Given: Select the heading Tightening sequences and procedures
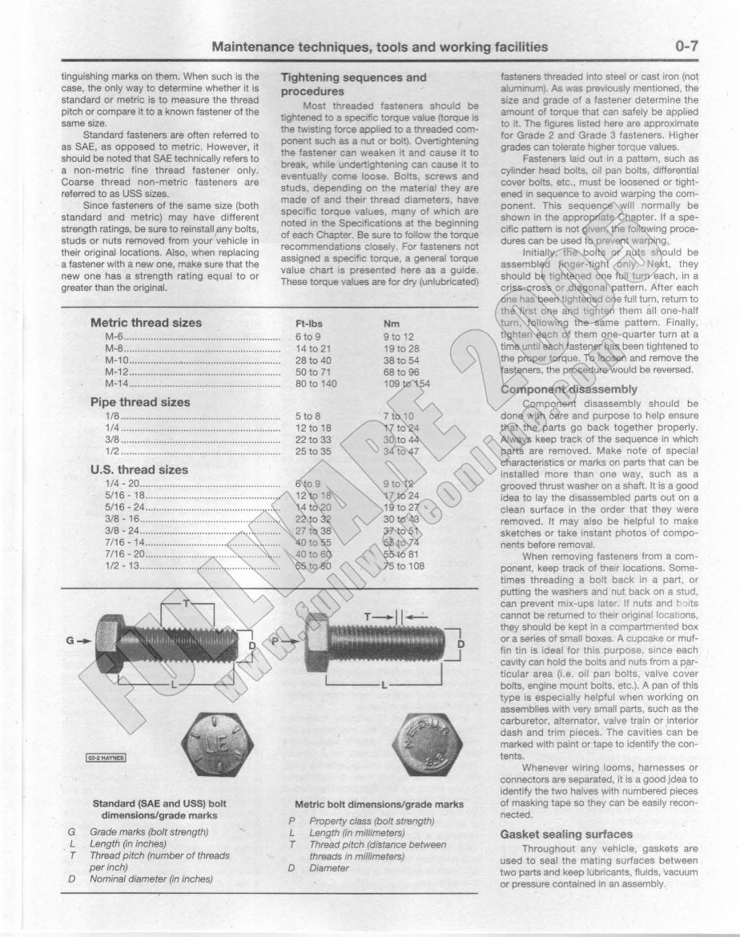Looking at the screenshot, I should (353, 84).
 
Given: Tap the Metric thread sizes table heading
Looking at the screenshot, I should (146, 323).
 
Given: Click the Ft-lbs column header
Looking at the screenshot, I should (308, 324).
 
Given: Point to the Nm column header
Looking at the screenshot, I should (392, 324).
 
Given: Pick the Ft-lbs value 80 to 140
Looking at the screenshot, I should (317, 384).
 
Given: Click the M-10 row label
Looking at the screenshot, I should (116, 360).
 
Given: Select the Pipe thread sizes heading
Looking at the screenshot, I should (139, 402).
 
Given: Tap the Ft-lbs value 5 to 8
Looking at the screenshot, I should (308, 416).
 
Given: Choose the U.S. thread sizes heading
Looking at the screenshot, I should (139, 470).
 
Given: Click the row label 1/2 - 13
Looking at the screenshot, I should (123, 566).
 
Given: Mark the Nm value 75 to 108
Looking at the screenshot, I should (404, 566).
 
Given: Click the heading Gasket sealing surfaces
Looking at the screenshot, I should (566, 834).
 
